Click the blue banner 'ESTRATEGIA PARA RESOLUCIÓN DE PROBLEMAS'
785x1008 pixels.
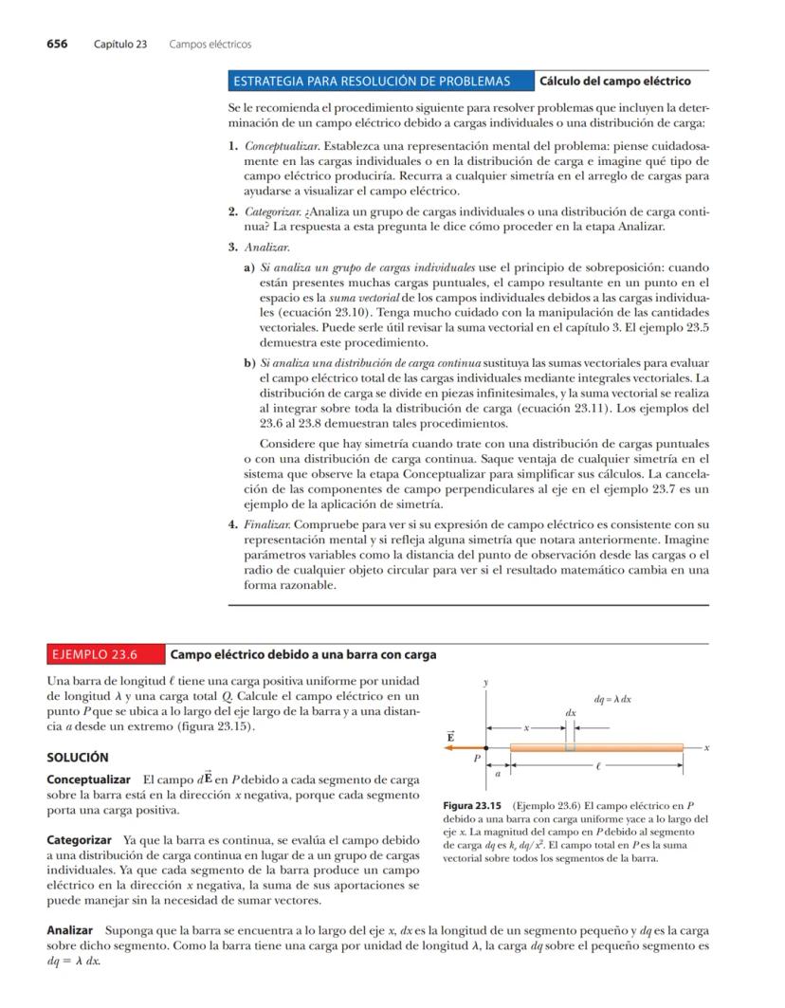380,81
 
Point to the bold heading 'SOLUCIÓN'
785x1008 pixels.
78,758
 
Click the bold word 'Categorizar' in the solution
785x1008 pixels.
80,840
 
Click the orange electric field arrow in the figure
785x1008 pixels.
464,747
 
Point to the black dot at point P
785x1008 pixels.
487,747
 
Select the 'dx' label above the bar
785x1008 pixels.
571,711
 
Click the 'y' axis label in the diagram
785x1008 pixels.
486,683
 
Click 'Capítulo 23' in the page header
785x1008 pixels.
120,44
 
